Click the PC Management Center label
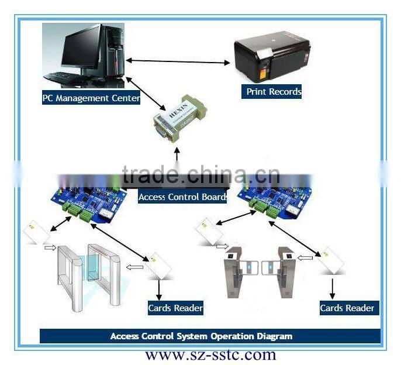pos(91,98)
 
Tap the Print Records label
pos(274,92)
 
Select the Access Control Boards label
pos(183,197)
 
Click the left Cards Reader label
pos(175,308)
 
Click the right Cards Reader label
pos(347,308)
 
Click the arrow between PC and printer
pos(178,61)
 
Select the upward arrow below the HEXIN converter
pos(177,155)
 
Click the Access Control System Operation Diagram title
pos(201,336)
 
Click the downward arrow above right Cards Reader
pos(333,286)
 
